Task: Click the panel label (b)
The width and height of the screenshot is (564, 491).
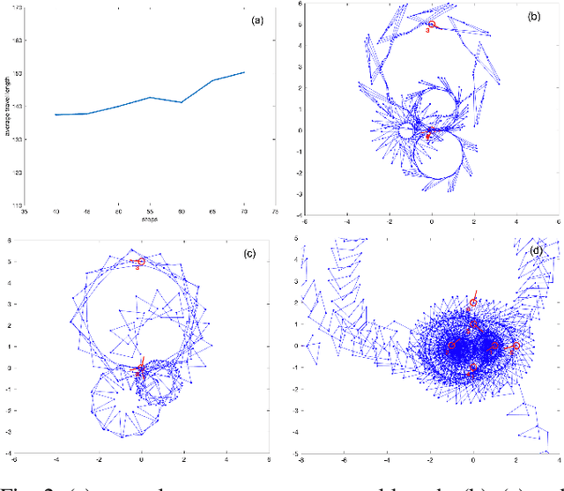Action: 534,17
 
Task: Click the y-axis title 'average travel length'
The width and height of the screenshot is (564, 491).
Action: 7,107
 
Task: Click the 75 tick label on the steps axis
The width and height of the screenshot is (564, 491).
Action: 276,212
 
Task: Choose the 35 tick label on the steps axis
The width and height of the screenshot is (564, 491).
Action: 25,212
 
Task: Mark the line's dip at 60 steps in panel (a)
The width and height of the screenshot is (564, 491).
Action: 182,102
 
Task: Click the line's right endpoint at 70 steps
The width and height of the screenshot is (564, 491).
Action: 244,72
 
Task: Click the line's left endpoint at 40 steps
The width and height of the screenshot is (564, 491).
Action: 56,115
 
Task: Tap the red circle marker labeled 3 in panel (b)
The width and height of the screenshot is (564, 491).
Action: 431,25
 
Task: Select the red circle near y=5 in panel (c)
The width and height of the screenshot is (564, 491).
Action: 141,262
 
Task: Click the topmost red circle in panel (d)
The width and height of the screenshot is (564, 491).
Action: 473,302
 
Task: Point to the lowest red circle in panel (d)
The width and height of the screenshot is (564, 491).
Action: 473,367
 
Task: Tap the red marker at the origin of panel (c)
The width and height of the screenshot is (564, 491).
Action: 141,368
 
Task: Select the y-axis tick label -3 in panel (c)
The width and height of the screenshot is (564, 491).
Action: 11,432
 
